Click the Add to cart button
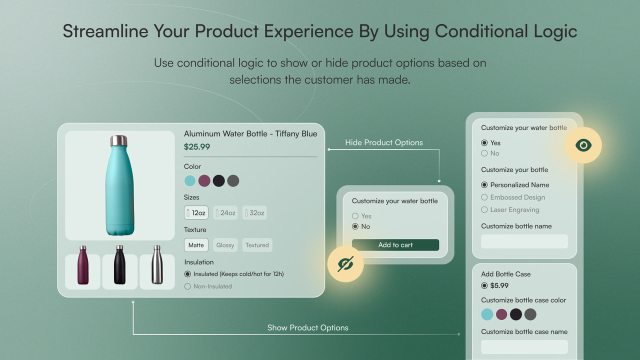(x=395, y=245)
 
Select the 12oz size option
(x=195, y=213)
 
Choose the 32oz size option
(x=253, y=213)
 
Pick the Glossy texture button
(x=224, y=245)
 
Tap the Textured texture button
(x=257, y=245)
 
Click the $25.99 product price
(x=197, y=147)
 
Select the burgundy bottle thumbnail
(x=83, y=272)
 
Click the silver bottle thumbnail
(x=157, y=272)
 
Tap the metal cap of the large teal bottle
(x=118, y=140)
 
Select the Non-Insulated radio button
(x=188, y=286)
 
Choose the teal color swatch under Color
(x=190, y=181)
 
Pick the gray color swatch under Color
(x=233, y=181)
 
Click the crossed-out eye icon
(x=345, y=264)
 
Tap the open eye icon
(x=583, y=145)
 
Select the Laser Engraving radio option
(x=484, y=210)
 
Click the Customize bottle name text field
(x=524, y=241)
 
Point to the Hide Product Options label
(x=383, y=143)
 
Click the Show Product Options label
(x=307, y=328)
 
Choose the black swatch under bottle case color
(x=515, y=314)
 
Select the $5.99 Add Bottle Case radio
(x=484, y=286)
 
